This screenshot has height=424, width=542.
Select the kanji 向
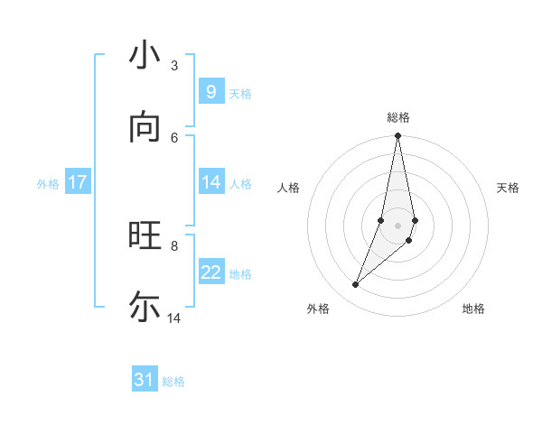coord(145,127)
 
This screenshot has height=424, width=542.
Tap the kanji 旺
coord(145,235)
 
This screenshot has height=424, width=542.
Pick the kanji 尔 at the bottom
coord(145,307)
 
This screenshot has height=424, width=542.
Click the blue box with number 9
coord(210,91)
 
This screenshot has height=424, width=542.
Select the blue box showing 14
coord(210,181)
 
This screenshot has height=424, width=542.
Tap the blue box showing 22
coord(210,272)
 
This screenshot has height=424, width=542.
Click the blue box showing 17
coord(78,181)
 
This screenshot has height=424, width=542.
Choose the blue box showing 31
coord(145,380)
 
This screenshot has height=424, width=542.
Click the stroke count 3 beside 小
coord(173,65)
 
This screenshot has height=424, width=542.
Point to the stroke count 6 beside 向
coord(174,137)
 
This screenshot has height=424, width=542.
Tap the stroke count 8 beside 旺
coord(174,245)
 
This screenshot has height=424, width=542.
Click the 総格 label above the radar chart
coord(398,117)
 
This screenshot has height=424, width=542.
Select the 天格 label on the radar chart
coord(509,188)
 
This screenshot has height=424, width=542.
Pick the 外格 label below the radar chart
coord(318,309)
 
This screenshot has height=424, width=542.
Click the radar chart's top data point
coord(397,136)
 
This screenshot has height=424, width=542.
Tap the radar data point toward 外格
coord(355,285)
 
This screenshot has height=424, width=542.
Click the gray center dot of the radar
coord(397,225)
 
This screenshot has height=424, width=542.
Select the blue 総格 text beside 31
coord(173,382)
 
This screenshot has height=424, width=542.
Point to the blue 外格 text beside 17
coord(48,184)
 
